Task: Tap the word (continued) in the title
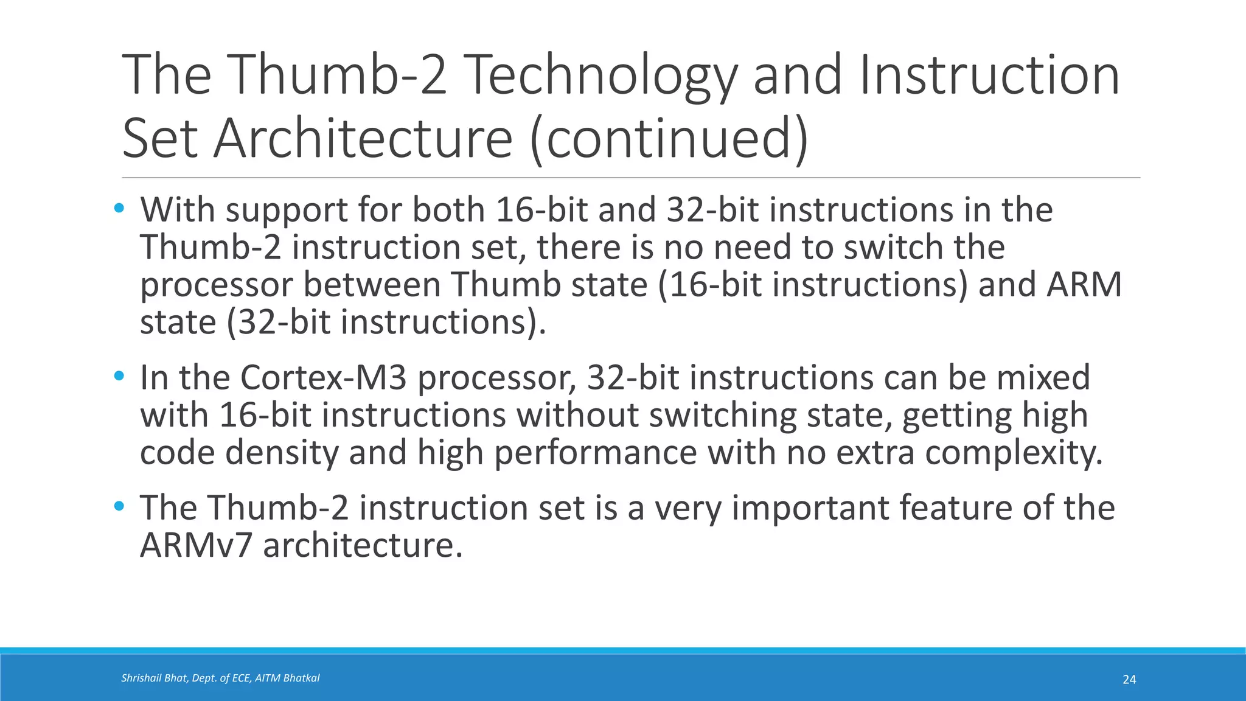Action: coord(669,139)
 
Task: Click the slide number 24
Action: coord(1129,680)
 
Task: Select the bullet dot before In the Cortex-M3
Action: coord(119,376)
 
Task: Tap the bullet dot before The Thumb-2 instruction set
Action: coord(119,506)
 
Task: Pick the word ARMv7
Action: coord(196,545)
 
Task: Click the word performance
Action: coord(595,453)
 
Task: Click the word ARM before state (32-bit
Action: coord(1084,285)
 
